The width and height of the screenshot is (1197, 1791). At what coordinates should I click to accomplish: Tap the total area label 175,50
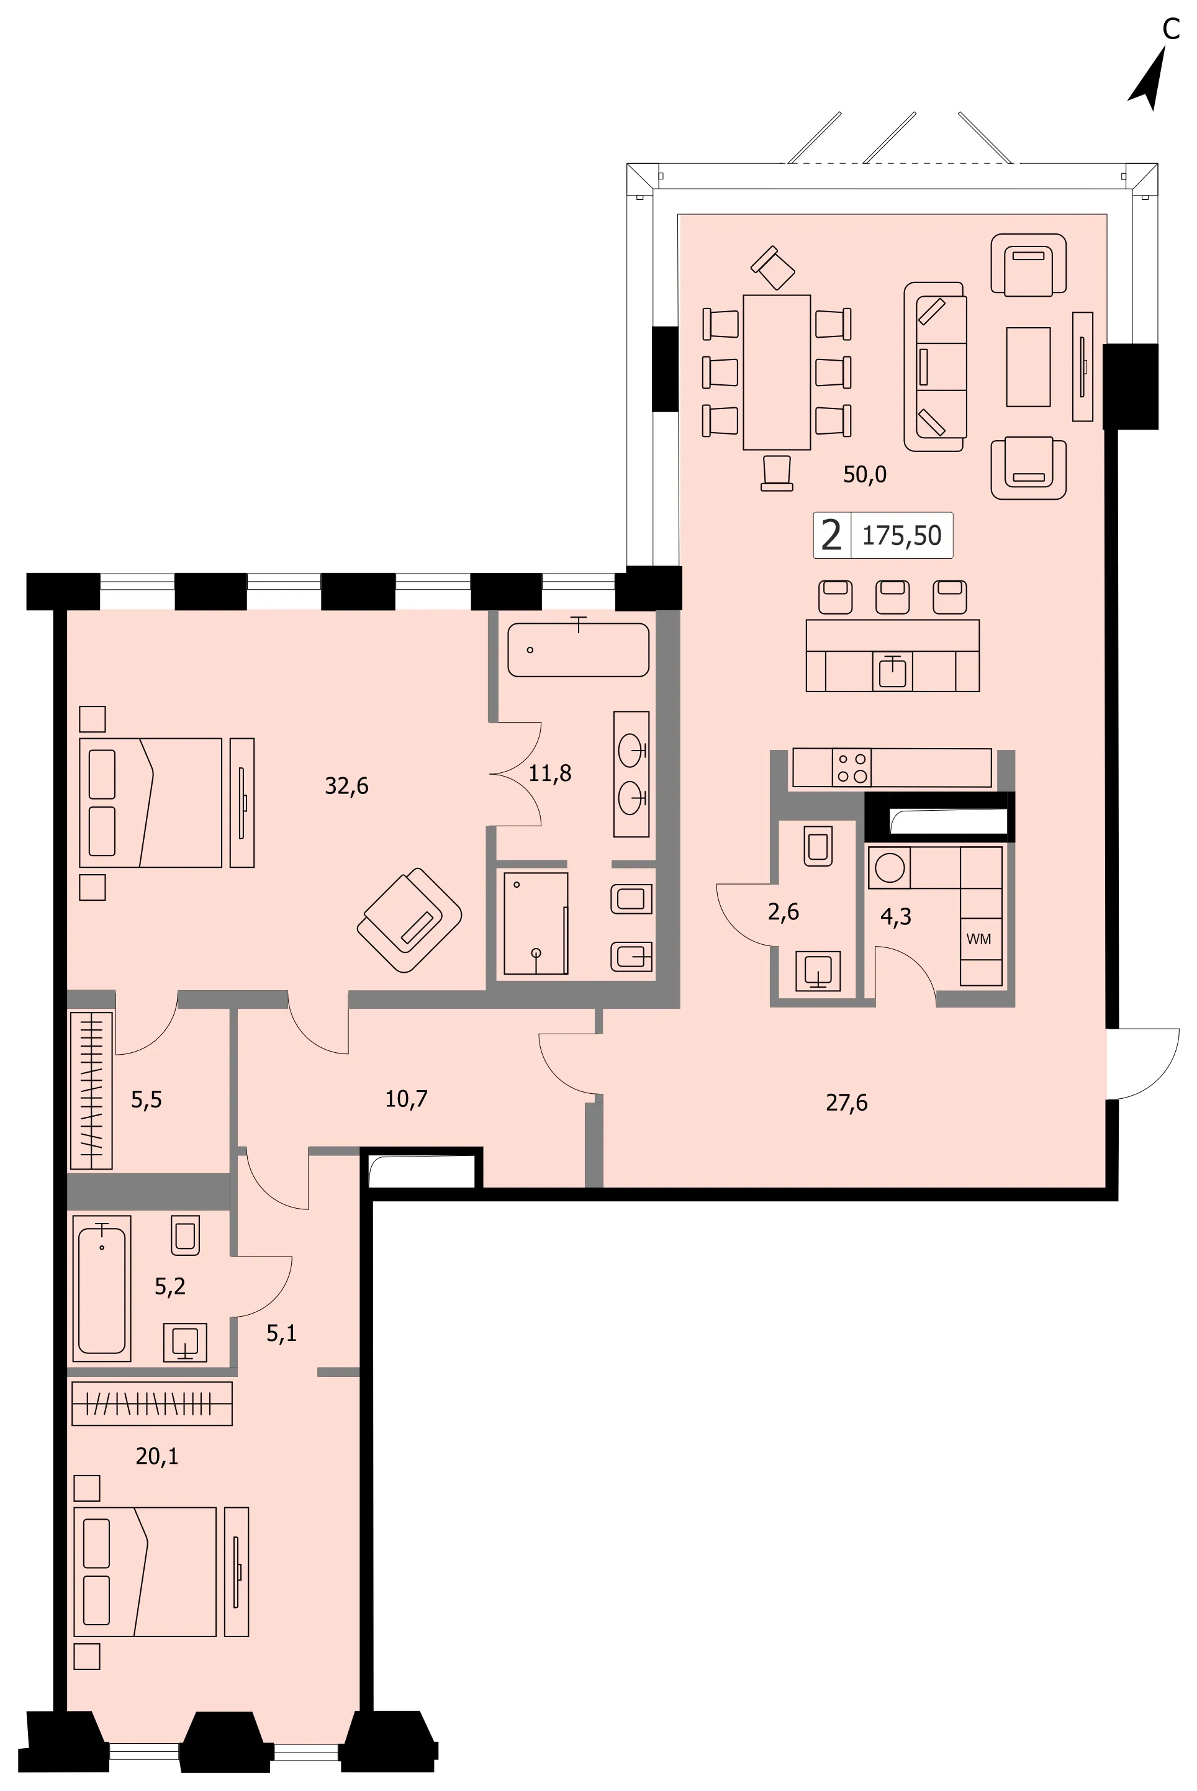click(901, 536)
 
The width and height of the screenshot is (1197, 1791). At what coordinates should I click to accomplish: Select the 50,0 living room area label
click(865, 475)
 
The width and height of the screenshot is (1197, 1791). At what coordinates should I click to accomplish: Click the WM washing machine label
click(978, 939)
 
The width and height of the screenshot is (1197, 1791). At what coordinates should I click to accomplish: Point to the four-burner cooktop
click(852, 768)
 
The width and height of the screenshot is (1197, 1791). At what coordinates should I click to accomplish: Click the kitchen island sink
click(892, 672)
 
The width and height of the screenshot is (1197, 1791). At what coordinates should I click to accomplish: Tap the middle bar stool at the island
click(892, 597)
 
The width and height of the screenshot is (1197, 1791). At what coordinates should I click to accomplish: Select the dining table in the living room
click(776, 372)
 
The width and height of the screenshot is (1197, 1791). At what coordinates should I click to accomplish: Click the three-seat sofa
click(936, 366)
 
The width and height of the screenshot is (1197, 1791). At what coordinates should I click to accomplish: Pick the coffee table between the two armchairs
click(1028, 366)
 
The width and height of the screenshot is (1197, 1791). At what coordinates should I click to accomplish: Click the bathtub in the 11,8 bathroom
click(579, 649)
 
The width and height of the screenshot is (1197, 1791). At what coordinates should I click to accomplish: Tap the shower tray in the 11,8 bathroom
click(536, 923)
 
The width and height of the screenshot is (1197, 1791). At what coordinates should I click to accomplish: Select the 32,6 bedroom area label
click(346, 786)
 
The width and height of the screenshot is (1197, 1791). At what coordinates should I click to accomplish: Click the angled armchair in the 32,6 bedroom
click(409, 919)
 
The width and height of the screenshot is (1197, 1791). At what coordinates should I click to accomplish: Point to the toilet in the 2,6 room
click(818, 846)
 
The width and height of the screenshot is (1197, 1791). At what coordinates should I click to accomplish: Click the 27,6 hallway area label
click(847, 1103)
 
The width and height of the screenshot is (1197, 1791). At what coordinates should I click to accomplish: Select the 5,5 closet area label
click(146, 1099)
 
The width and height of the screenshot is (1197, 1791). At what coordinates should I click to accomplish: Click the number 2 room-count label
click(831, 535)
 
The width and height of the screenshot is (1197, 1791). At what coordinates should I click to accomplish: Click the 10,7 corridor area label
click(406, 1099)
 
